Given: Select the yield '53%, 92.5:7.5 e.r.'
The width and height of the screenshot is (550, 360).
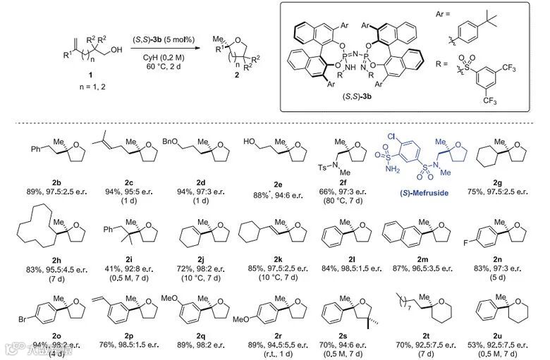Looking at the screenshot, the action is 500,343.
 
